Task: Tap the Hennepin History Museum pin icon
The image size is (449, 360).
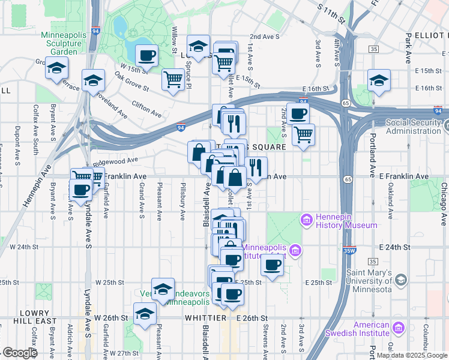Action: tap(307, 220)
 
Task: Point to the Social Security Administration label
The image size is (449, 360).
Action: tap(417, 127)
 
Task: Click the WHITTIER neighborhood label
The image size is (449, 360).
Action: tap(205, 317)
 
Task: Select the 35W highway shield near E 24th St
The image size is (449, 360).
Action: tap(349, 248)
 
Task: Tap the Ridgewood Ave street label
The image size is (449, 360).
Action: tap(118, 161)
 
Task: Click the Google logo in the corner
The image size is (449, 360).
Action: tap(20, 353)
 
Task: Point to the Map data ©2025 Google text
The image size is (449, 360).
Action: tap(412, 355)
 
